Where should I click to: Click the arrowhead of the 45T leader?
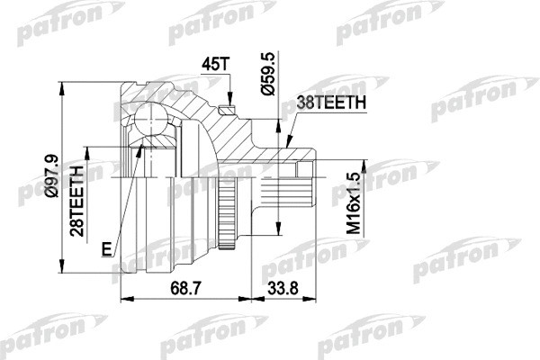pos(230,104)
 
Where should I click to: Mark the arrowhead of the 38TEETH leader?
pos(287,144)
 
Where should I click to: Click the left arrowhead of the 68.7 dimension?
pos(122,298)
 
